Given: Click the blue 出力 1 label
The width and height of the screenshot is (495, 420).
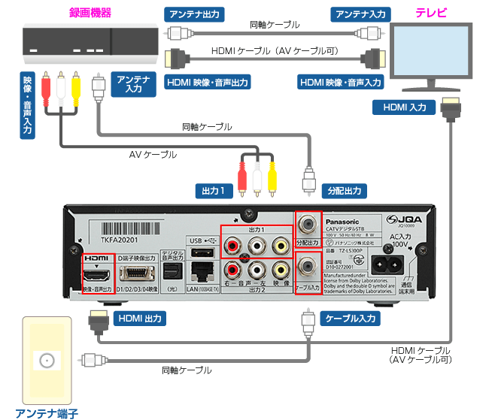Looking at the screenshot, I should (212, 192).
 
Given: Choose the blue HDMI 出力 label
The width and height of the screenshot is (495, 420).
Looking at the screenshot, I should (140, 319).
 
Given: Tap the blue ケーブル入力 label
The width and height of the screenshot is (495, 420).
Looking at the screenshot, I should (351, 319).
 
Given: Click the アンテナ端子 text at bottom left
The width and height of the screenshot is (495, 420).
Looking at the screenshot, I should (47, 412).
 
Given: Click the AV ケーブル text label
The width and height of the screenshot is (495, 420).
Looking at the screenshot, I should (153, 155).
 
